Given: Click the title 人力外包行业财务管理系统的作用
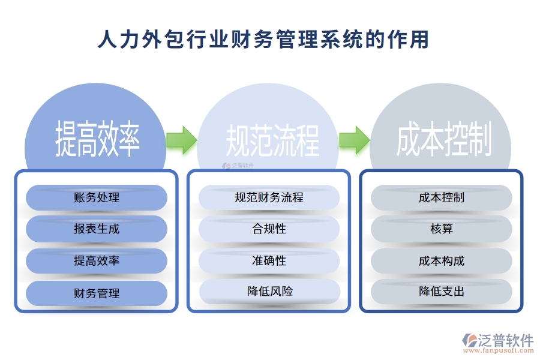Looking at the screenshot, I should point(263,40).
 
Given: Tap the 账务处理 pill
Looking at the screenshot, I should point(97,197).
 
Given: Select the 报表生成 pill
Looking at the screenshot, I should point(97,229).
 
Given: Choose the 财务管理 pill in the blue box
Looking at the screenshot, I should point(97,293).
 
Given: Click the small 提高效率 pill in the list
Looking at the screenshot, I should point(97,261).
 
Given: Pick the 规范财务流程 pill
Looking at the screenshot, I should point(269,197).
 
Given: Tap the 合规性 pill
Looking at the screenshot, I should point(269,229).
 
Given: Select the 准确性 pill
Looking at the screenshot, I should point(269,261).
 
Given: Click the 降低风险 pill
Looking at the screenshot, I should point(269,292).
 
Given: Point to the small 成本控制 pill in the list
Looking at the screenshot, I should point(442,197).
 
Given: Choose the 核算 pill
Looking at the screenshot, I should point(442,229).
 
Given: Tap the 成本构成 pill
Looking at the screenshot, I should point(442,261).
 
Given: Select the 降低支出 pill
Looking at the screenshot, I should point(442,292).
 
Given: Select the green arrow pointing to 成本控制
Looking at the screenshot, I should point(353,139).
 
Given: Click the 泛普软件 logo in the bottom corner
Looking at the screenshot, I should point(498,340).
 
